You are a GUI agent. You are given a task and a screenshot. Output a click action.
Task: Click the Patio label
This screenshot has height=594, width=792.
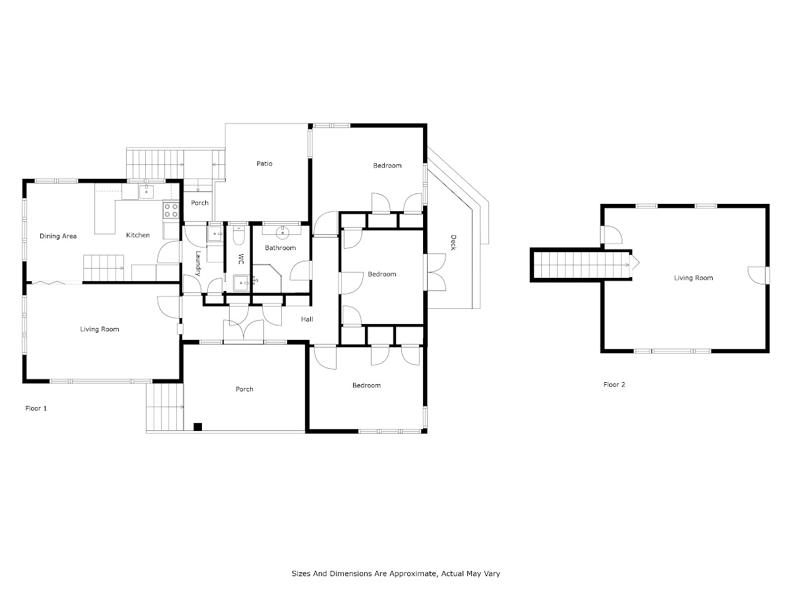265,164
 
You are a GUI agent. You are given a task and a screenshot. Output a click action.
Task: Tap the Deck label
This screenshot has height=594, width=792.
453,242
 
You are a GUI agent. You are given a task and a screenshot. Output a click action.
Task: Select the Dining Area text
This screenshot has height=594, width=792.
58,236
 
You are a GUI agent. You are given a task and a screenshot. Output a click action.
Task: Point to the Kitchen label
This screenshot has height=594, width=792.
138,235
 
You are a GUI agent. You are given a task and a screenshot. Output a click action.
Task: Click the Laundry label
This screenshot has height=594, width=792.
198,263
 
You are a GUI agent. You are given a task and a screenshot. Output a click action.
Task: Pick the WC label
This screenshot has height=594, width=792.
241,259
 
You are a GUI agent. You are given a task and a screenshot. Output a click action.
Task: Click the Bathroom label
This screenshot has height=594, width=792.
280,247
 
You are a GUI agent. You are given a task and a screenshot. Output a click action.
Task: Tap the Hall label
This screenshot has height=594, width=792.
307,319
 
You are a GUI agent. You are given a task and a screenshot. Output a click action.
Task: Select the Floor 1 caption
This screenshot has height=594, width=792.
36,409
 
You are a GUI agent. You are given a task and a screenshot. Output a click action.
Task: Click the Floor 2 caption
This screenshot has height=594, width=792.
614,385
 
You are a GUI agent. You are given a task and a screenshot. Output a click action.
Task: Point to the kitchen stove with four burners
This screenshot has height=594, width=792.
171,211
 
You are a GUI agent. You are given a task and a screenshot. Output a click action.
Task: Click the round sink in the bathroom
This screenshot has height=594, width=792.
282,234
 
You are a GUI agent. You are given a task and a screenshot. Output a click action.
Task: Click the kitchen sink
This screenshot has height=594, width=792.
146,192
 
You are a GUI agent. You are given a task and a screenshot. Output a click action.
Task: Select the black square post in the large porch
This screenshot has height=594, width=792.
197,426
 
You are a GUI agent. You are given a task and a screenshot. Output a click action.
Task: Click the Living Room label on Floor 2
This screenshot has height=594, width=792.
694,278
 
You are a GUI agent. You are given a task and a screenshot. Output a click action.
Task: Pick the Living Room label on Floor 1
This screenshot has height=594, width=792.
100,329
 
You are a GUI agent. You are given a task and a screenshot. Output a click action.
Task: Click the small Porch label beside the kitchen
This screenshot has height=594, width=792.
199,203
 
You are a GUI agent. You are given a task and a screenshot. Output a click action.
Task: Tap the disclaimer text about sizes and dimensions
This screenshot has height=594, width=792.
396,574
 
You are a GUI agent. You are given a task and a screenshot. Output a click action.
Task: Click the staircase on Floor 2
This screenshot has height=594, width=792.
581,265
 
